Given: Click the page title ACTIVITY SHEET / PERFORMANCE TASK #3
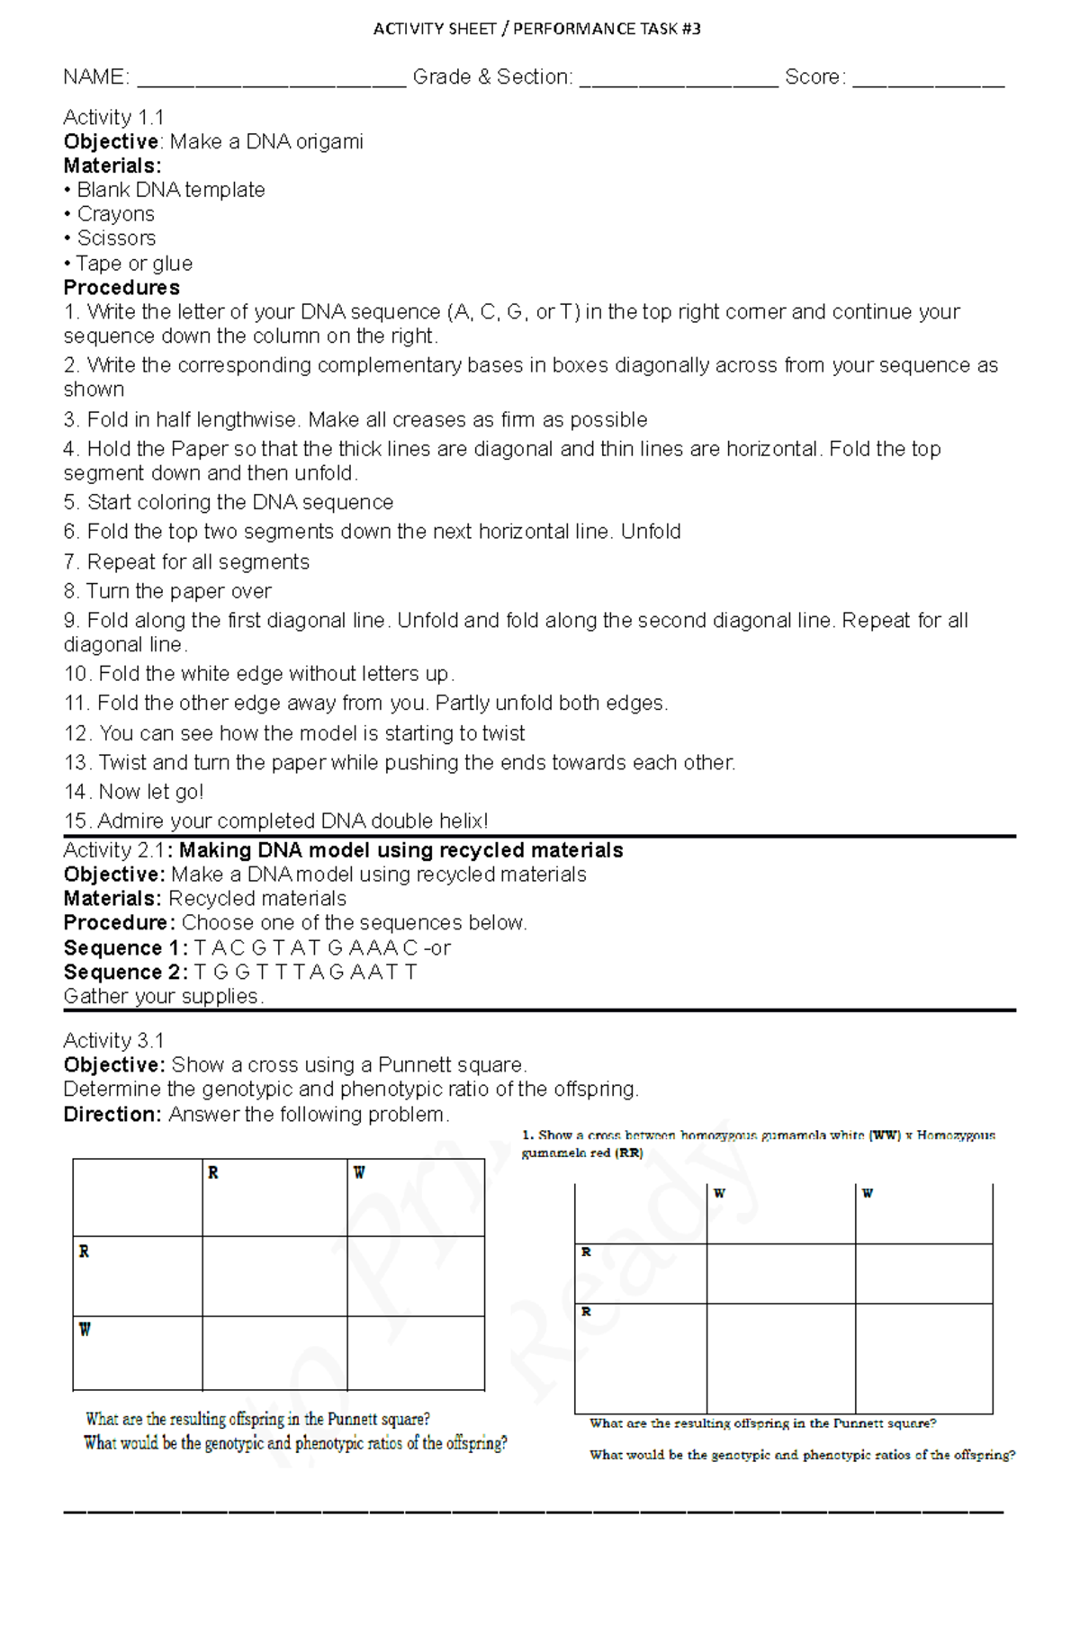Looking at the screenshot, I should [x=537, y=29].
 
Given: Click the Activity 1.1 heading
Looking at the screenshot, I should [x=113, y=118].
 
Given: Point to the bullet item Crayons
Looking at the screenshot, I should [x=115, y=214].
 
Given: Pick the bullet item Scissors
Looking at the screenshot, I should [x=116, y=238].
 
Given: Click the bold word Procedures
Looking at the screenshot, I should [x=121, y=288].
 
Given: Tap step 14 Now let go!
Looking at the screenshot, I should [x=134, y=792].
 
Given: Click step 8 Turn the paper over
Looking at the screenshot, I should [x=167, y=591].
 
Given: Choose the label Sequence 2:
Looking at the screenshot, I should [x=125, y=973].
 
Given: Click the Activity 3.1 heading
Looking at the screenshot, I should [x=113, y=1041].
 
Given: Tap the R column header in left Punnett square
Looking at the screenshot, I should [x=213, y=1172].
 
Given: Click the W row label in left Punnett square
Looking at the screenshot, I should [x=85, y=1330].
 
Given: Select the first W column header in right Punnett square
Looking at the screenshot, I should [x=719, y=1194].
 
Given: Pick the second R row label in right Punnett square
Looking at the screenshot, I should [x=586, y=1312].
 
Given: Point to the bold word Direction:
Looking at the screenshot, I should [x=112, y=1115].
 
